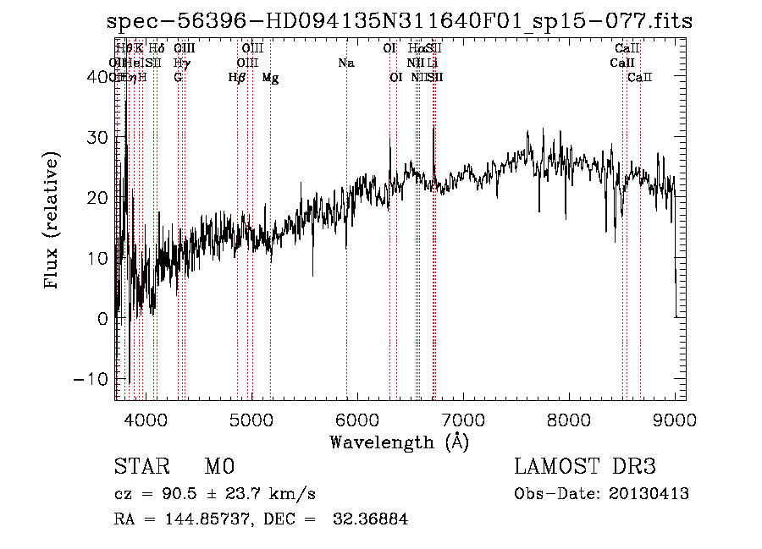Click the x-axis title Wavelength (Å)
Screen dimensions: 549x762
(399, 441)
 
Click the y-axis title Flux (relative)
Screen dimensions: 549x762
(53, 222)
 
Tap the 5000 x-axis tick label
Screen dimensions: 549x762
(251, 420)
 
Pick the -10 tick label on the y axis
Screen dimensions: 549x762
(92, 379)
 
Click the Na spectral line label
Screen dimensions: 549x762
(345, 63)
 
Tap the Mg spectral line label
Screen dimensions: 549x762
(270, 78)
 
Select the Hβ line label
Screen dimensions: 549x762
(237, 78)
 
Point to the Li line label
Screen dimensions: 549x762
(433, 63)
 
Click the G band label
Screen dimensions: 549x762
(178, 78)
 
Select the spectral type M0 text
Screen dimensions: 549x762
(218, 467)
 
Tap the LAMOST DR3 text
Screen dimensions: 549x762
(584, 467)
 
